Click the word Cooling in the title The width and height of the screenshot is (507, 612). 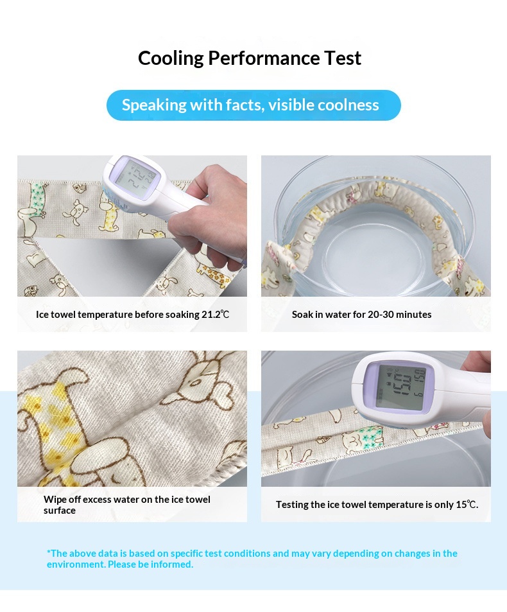coord(171,58)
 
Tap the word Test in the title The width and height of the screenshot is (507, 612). coord(343,58)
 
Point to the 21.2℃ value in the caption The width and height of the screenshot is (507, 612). coord(215,314)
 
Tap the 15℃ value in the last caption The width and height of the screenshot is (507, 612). coord(467,504)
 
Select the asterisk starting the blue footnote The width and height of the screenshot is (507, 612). coord(49,552)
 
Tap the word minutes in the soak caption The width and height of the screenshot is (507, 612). coord(417,314)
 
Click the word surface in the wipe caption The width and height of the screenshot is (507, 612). coord(60,511)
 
